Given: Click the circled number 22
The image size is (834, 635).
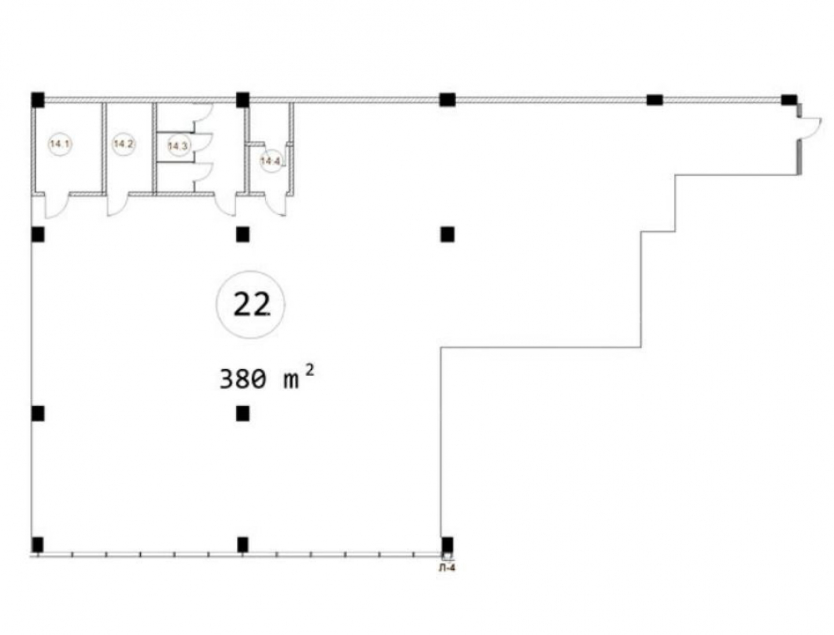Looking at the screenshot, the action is pos(250,305).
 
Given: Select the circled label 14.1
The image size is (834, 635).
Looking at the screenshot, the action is pos(60,143).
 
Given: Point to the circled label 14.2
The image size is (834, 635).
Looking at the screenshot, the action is pos(124,143).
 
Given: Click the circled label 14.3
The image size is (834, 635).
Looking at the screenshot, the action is pos(178,146).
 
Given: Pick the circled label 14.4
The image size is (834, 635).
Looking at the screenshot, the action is pos(271,160).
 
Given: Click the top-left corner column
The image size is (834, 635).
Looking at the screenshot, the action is pos(38,99).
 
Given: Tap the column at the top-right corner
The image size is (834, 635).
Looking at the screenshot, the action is pos(789,99).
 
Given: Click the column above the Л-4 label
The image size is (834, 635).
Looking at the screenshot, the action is pos(447,545).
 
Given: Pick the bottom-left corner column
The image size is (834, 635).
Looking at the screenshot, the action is pos(38,545).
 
